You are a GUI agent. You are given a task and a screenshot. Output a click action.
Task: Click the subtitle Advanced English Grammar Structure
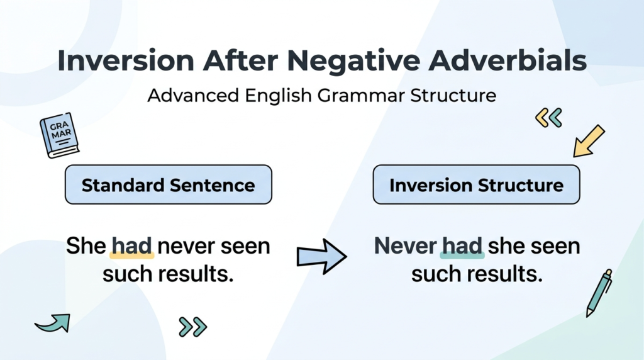click(x=321, y=96)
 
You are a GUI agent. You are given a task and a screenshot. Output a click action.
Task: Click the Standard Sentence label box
click(x=168, y=185)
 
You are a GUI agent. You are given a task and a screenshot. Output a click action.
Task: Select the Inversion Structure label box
click(x=476, y=185)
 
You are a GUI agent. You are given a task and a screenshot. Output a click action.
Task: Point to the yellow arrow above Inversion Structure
click(x=589, y=140)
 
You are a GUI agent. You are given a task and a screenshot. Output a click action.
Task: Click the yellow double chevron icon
click(x=548, y=117)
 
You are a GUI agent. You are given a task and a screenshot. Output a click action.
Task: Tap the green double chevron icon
click(x=192, y=326)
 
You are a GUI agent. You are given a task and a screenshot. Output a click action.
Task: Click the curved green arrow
click(x=53, y=323)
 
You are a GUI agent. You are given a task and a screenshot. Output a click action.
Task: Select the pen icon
click(x=599, y=293)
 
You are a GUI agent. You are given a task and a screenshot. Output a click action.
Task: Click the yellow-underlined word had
click(x=132, y=246)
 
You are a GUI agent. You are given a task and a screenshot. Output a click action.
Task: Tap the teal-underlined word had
click(x=462, y=246)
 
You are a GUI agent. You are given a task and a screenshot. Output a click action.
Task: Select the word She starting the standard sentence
click(x=86, y=246)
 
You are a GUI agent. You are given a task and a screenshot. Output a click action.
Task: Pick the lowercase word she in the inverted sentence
click(x=508, y=246)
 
